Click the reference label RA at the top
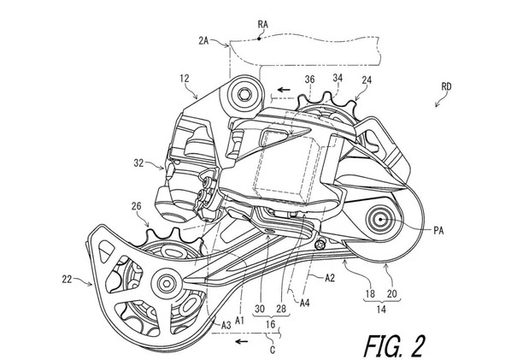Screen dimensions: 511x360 tap(263, 25)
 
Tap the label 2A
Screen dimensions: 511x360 tap(203, 41)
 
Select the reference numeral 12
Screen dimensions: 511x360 tap(184, 79)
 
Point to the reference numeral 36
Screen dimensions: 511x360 tap(310, 80)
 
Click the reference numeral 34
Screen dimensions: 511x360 tap(338, 78)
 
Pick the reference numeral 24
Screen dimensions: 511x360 tap(367, 80)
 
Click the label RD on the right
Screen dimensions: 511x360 tap(446, 86)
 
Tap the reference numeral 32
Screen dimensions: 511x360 tap(138, 163)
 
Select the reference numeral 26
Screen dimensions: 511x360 tap(137, 206)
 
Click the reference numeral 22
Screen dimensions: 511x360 tap(67, 279)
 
